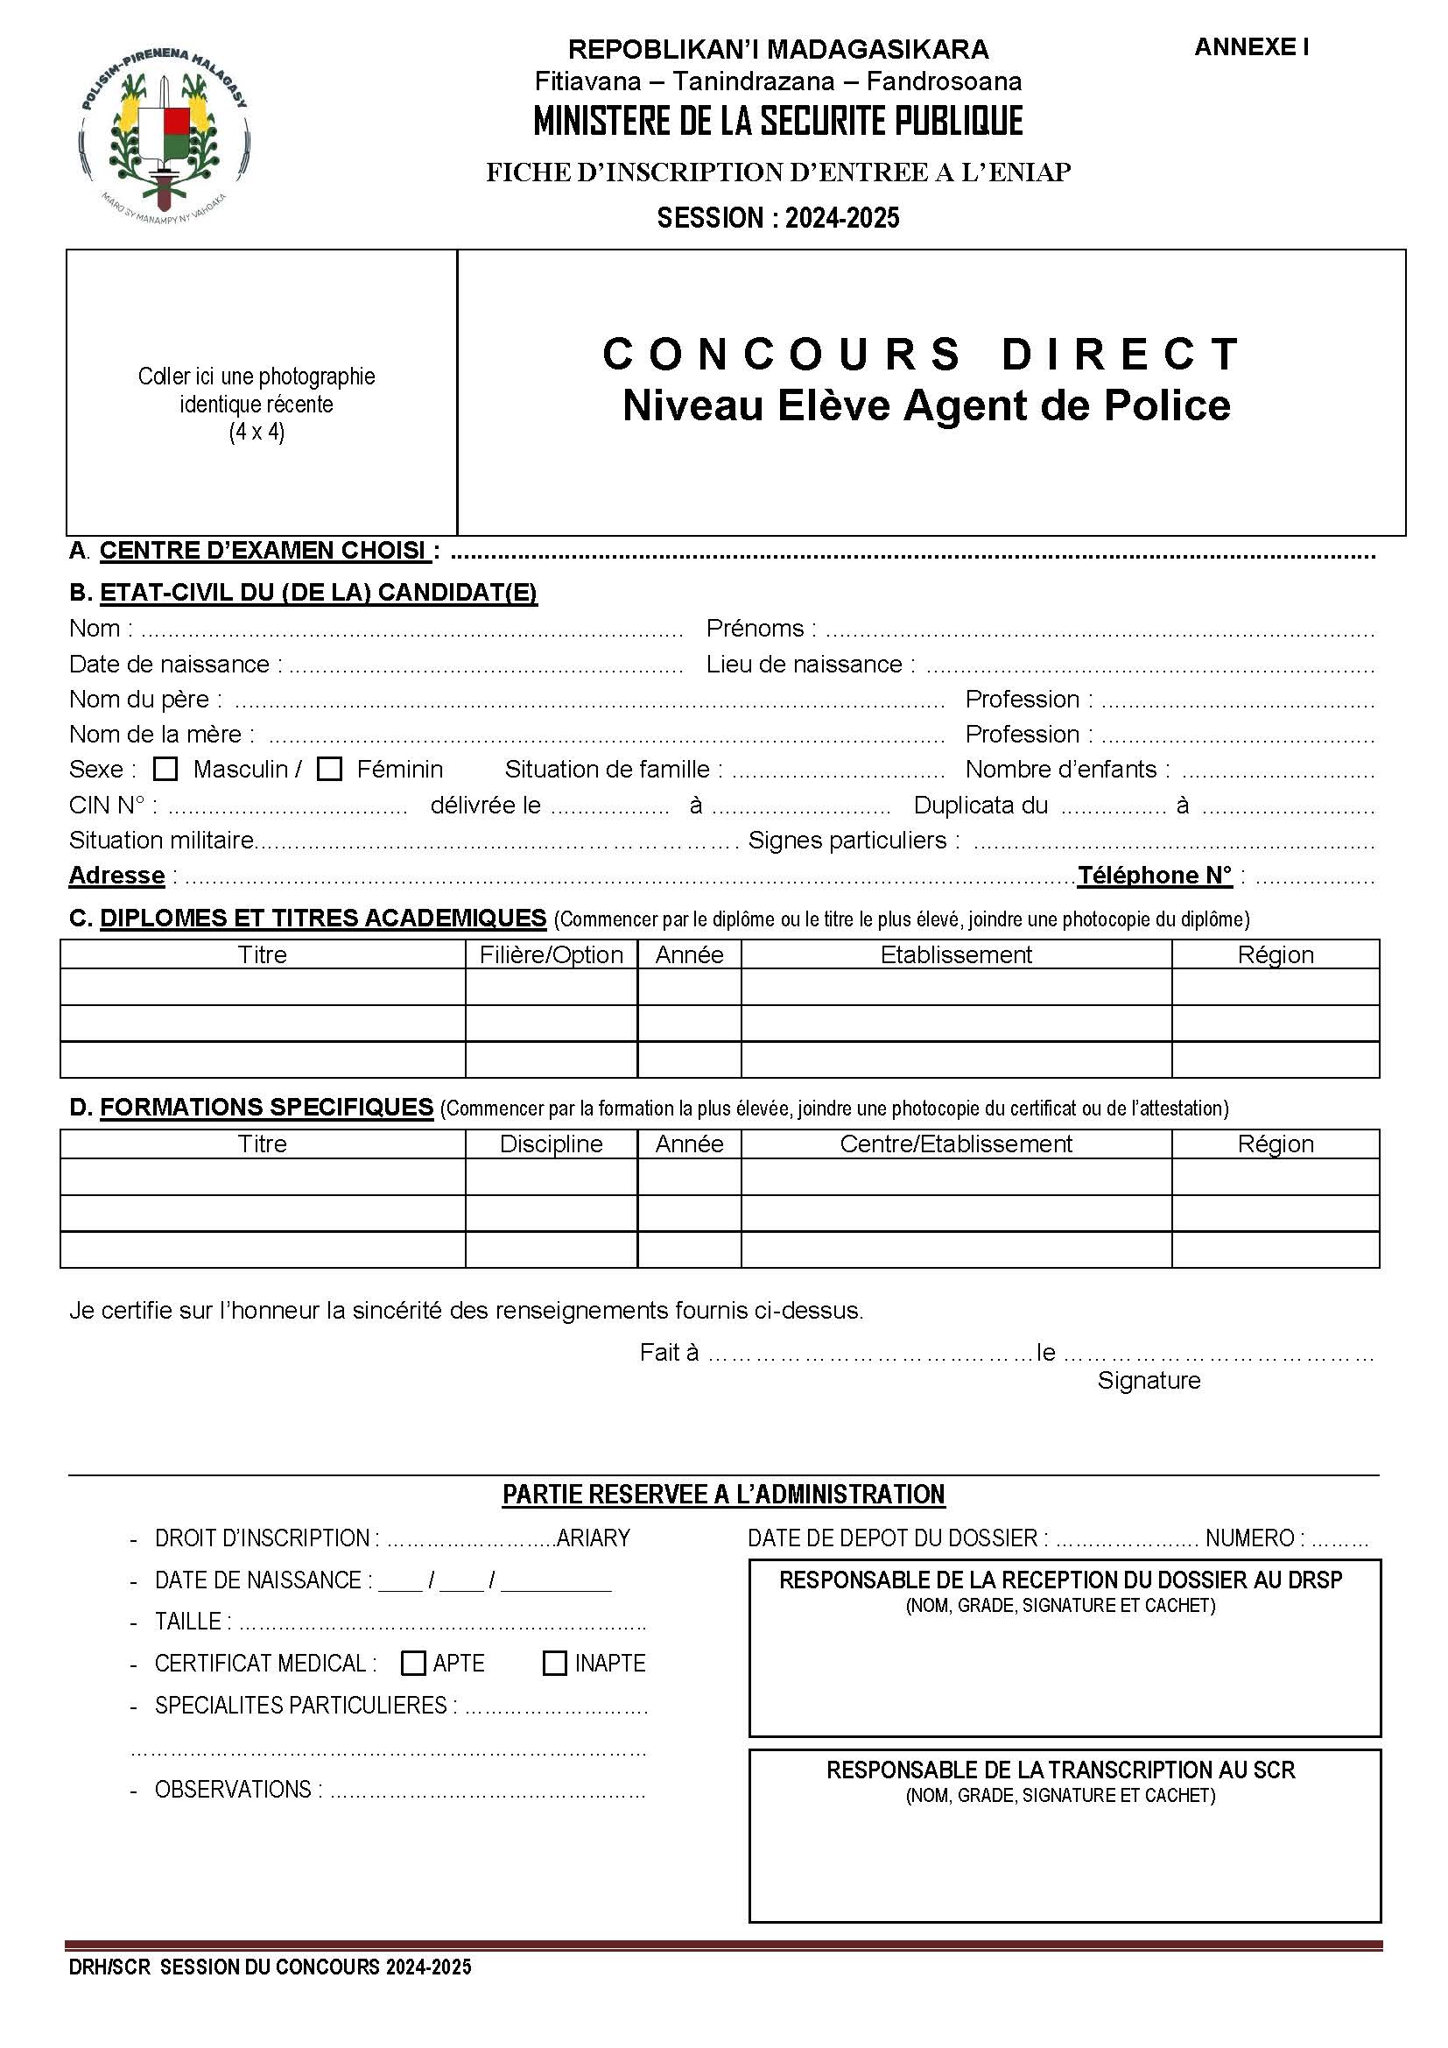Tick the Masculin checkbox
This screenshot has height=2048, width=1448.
point(165,769)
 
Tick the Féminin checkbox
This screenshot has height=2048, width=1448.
point(330,769)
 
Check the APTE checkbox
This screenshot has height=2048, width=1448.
point(413,1663)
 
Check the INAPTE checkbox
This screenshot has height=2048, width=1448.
point(554,1663)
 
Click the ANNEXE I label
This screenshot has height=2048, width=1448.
point(1251,47)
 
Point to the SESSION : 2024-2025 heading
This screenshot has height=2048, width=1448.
point(777,218)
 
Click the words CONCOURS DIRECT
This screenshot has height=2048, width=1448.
point(922,354)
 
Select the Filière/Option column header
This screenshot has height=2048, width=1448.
point(551,954)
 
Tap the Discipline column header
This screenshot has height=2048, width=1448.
point(551,1144)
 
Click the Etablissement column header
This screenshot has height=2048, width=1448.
point(956,954)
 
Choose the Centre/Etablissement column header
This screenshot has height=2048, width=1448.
point(956,1144)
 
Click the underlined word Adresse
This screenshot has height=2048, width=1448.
point(116,875)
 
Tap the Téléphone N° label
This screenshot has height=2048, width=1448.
point(1155,875)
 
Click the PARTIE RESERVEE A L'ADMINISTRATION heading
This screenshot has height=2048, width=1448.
point(723,1494)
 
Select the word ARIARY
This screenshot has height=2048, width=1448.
point(593,1538)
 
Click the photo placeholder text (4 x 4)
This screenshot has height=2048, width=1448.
point(257,433)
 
